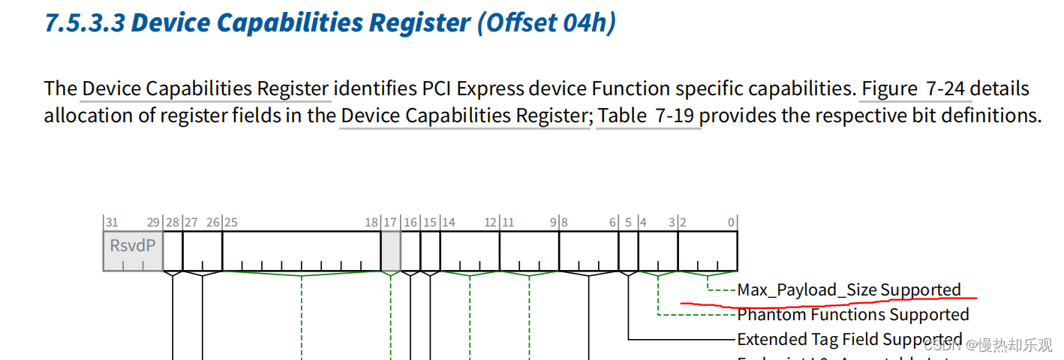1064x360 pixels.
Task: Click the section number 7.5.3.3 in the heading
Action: [x=84, y=22]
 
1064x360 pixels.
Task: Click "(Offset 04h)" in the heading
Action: [x=546, y=22]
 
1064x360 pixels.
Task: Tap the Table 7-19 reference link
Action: [x=649, y=115]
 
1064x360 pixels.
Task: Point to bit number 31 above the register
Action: [x=112, y=222]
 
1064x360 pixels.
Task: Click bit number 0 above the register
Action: [x=731, y=222]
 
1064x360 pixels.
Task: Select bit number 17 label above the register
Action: [x=390, y=222]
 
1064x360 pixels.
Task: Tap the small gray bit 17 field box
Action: [x=390, y=250]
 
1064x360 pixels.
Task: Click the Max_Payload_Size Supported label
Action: [x=849, y=289]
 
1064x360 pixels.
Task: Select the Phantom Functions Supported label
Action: [x=853, y=314]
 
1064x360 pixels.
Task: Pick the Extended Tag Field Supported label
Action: [x=849, y=339]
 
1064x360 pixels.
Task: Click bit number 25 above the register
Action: [x=230, y=222]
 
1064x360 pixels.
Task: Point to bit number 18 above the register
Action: [x=371, y=222]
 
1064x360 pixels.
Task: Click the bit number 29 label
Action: [x=153, y=222]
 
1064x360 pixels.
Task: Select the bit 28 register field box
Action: [x=173, y=250]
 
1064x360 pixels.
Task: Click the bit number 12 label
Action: [x=491, y=222]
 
